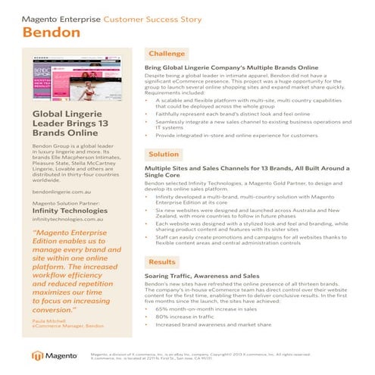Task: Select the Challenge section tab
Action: tap(166, 54)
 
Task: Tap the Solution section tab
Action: tap(164, 154)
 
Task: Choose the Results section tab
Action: tap(162, 262)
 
